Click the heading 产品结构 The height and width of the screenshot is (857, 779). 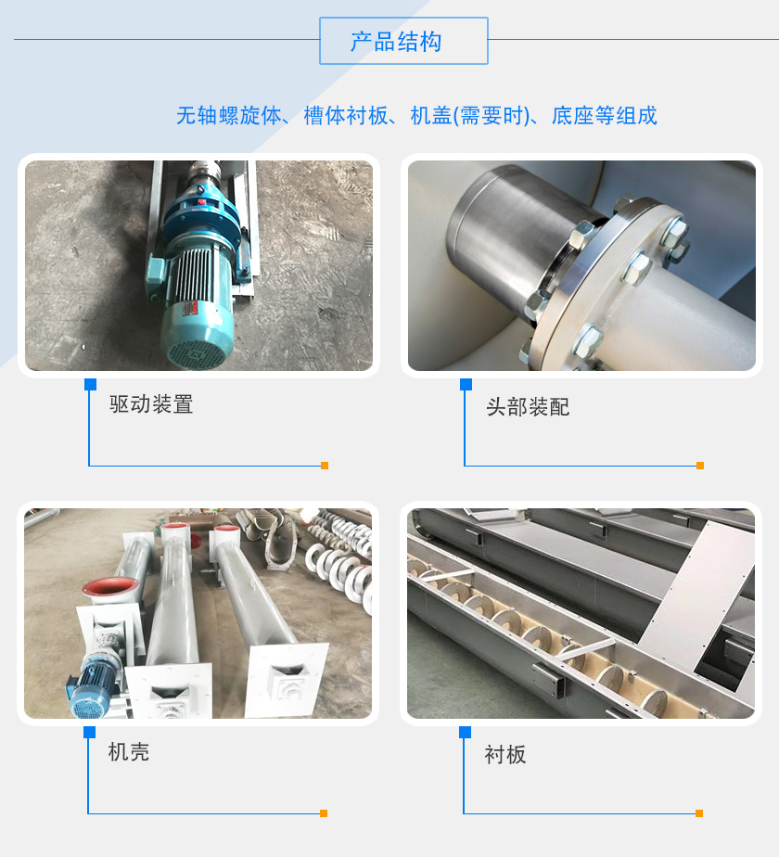403,42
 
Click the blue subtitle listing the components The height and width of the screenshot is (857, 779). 416,116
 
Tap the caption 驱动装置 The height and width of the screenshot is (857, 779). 151,404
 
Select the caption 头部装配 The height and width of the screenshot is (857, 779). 528,406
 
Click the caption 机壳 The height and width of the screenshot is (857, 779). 129,752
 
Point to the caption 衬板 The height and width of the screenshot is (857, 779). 505,754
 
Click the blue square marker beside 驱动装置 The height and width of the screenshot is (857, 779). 90,384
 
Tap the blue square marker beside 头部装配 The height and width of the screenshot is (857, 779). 466,384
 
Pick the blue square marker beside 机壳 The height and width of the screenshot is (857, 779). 90,732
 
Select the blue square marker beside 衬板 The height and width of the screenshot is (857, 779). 466,732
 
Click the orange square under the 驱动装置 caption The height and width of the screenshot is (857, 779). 324,466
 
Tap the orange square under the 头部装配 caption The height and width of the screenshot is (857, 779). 700,466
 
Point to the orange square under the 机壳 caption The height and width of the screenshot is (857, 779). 324,813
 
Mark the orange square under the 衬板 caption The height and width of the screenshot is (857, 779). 700,813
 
